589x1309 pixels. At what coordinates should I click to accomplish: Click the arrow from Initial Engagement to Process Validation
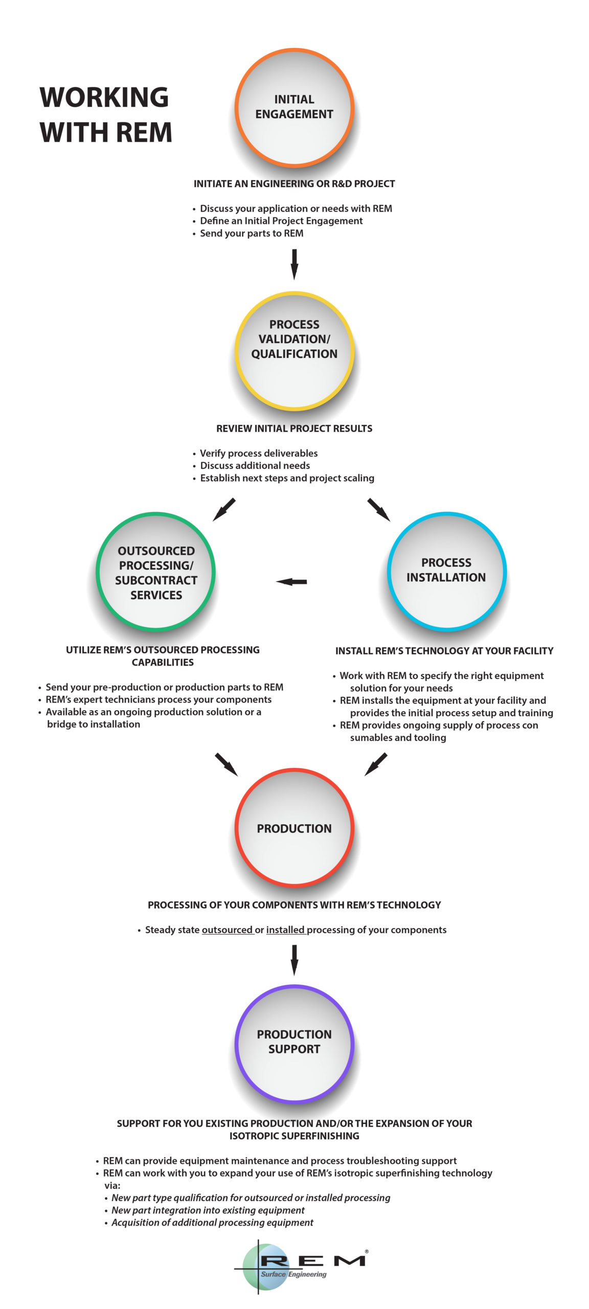pos(294,264)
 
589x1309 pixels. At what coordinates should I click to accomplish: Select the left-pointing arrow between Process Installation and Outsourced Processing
pos(291,582)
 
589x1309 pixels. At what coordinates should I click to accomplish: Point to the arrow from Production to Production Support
pos(294,960)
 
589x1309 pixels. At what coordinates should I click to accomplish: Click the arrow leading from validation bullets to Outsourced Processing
pos(224,510)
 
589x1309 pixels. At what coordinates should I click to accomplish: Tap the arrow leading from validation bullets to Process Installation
pos(379,510)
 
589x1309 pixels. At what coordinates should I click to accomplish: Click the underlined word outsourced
pos(228,930)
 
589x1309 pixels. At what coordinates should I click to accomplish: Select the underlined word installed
pos(285,930)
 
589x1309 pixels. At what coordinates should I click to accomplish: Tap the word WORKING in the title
pos(104,97)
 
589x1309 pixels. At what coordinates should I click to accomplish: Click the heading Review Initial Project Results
pos(294,428)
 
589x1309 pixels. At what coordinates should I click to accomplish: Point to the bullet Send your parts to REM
pos(248,233)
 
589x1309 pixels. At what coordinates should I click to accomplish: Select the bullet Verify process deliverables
pos(255,453)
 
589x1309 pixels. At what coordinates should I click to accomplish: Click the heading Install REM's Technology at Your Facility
pos(444,651)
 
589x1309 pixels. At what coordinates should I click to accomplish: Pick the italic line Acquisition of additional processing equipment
pos(209,1223)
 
